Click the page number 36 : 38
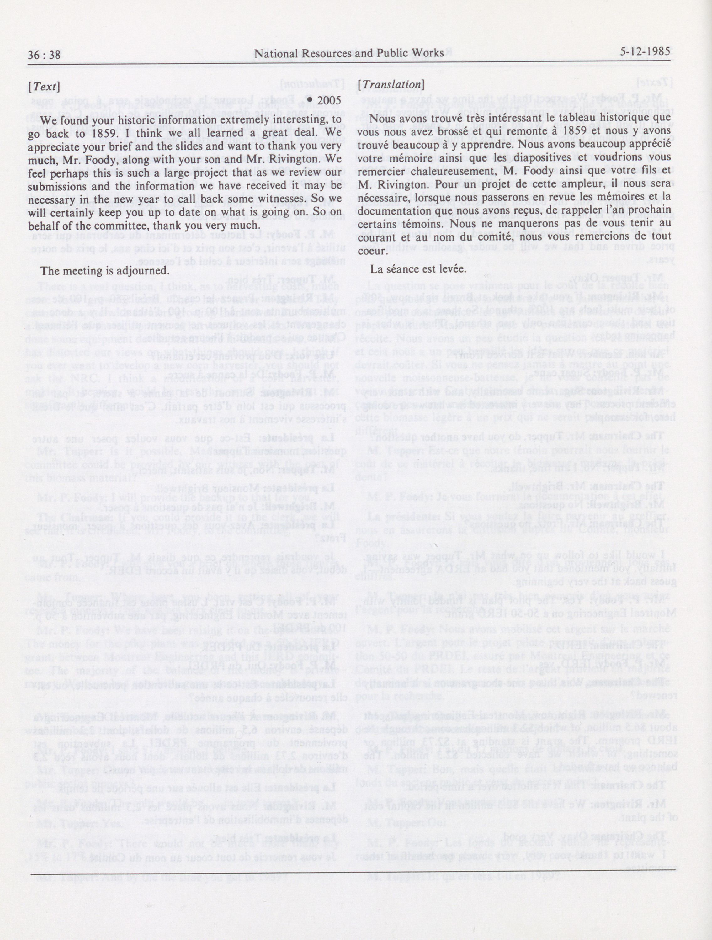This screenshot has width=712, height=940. click(x=44, y=55)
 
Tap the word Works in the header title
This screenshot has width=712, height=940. click(x=429, y=53)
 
